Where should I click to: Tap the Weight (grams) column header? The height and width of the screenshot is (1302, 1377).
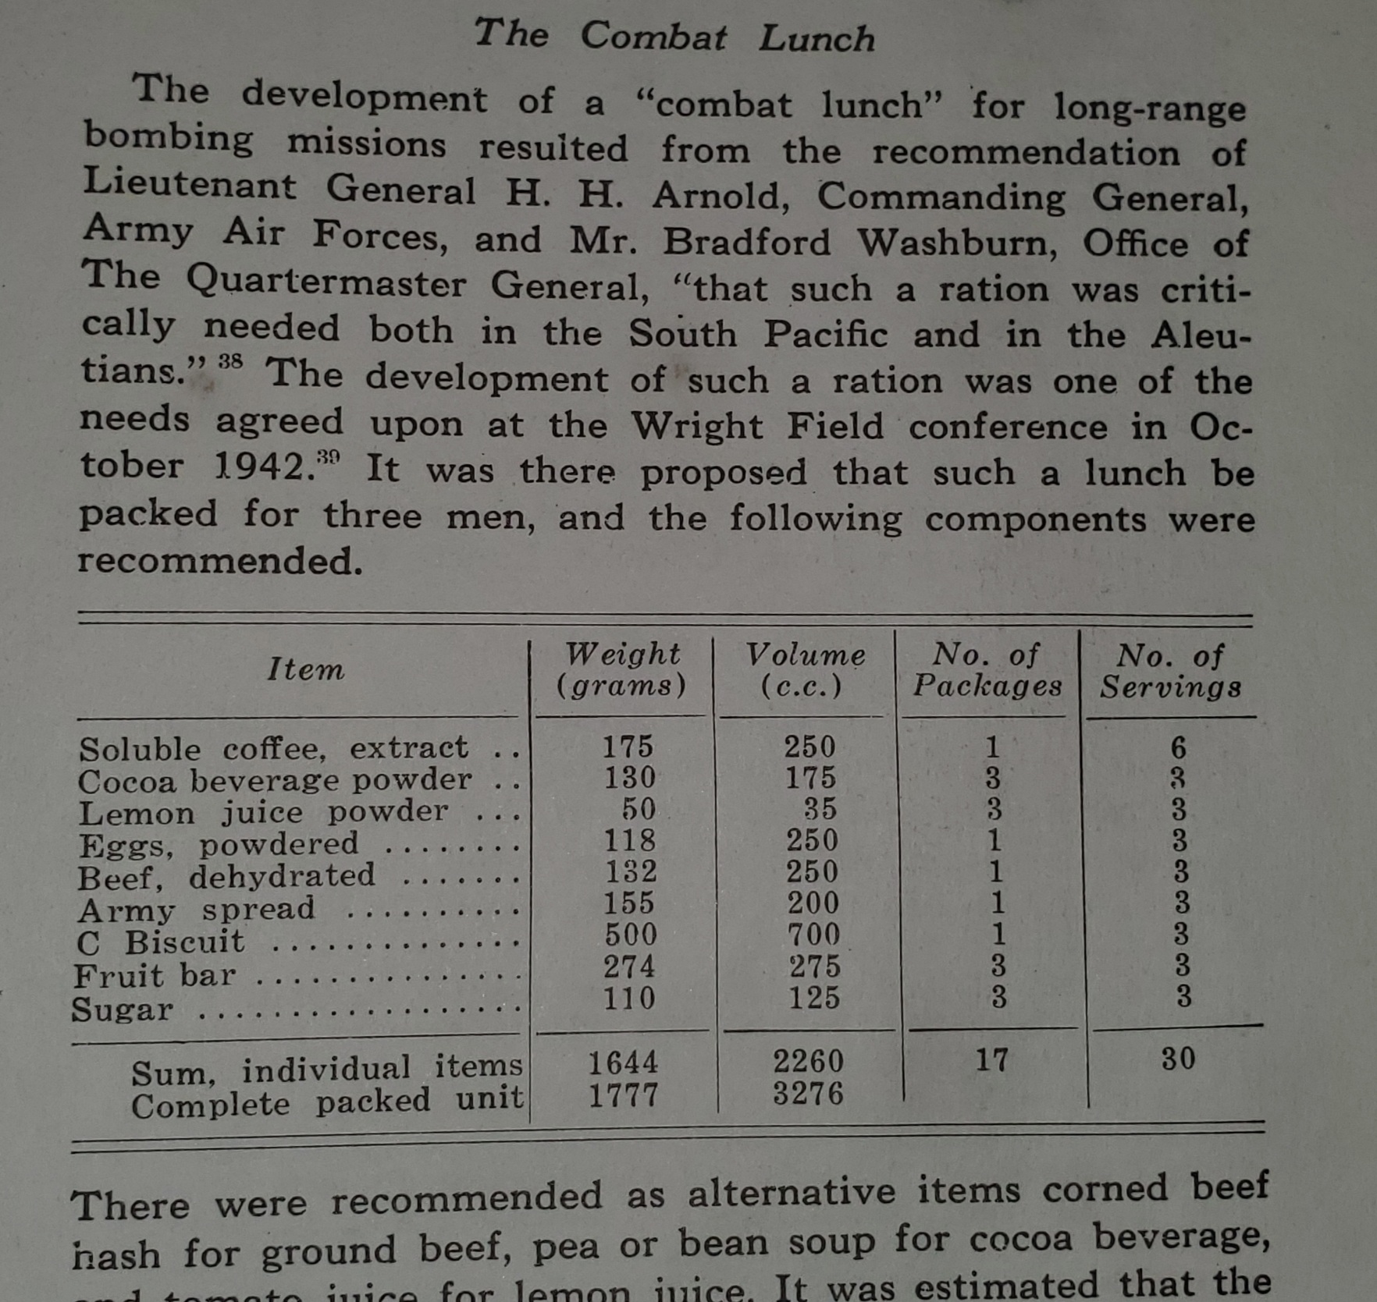click(621, 669)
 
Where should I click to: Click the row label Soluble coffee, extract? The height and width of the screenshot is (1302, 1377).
click(273, 749)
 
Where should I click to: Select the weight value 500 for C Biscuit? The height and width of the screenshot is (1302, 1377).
click(631, 935)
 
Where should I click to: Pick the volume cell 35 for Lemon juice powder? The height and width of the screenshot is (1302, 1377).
click(820, 809)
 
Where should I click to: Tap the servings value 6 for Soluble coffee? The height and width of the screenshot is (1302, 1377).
click(1178, 748)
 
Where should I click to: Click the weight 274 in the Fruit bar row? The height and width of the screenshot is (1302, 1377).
click(629, 967)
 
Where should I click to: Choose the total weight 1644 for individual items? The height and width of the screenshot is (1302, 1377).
click(623, 1063)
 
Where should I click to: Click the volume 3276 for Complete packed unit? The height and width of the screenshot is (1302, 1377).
click(808, 1094)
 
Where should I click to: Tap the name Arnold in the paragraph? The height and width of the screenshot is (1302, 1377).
click(720, 195)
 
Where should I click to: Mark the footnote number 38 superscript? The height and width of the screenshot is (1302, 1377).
click(230, 362)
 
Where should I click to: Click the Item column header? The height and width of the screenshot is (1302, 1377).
click(305, 669)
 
